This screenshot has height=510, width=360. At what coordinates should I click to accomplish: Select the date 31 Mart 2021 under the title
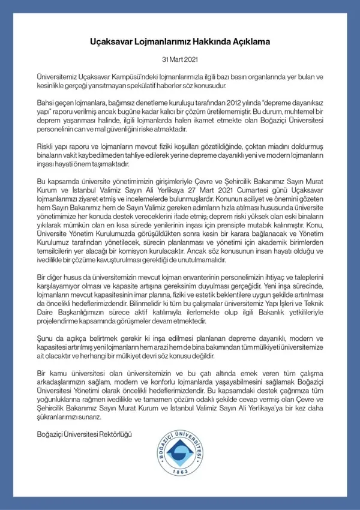coord(180,61)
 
